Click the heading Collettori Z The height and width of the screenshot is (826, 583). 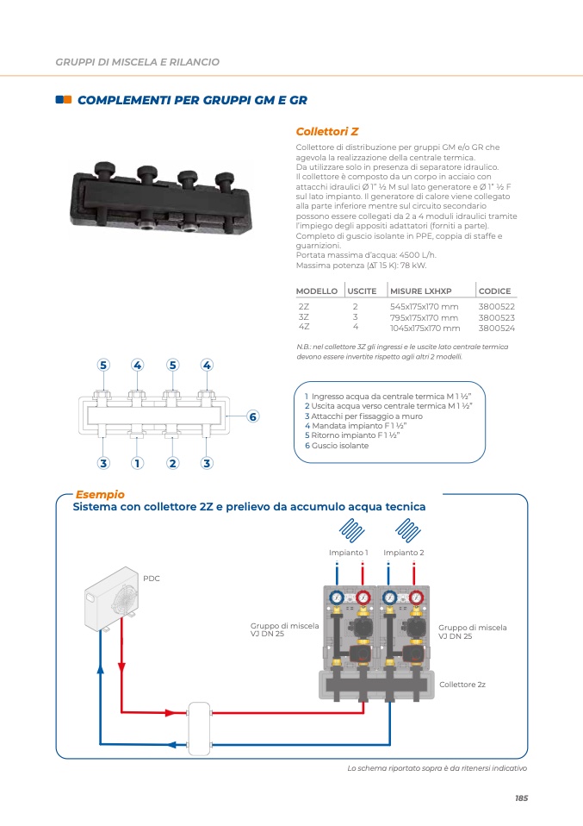(x=326, y=132)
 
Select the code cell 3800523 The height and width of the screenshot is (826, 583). (x=496, y=317)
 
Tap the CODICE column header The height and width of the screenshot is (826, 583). (x=494, y=291)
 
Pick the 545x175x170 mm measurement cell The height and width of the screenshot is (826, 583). (x=425, y=307)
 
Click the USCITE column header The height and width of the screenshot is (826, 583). (x=362, y=291)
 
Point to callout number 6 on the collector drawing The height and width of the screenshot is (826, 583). (x=252, y=417)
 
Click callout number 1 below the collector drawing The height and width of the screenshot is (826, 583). (x=137, y=463)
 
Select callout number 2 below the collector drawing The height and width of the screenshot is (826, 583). (x=172, y=463)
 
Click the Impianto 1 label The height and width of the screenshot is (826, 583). (x=349, y=553)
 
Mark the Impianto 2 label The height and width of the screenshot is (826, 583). (x=404, y=553)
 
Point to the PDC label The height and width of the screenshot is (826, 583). (x=152, y=579)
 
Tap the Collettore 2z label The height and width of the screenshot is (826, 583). (x=462, y=684)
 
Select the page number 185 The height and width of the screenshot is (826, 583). (x=521, y=798)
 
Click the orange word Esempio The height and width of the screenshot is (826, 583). (x=100, y=495)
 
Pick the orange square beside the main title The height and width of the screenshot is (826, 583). (x=59, y=100)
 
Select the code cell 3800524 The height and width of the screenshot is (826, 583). (x=496, y=328)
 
